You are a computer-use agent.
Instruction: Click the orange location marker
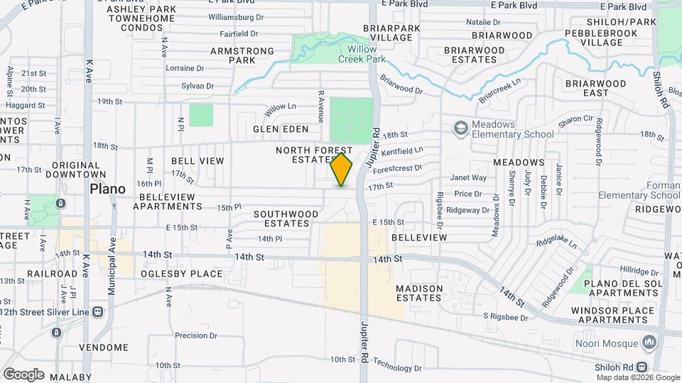pyautogui.click(x=342, y=170)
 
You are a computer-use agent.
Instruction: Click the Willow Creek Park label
pyautogui.click(x=367, y=54)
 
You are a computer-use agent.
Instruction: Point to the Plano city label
pyautogui.click(x=107, y=189)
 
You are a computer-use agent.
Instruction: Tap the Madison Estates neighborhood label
pyautogui.click(x=419, y=293)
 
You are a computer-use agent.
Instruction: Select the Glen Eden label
pyautogui.click(x=281, y=129)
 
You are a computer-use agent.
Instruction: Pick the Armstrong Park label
pyautogui.click(x=242, y=55)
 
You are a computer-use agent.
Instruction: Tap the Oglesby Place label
pyautogui.click(x=182, y=274)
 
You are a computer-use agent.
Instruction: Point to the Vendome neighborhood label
pyautogui.click(x=104, y=348)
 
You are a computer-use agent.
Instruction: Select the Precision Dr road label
pyautogui.click(x=195, y=335)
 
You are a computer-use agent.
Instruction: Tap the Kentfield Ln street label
pyautogui.click(x=402, y=150)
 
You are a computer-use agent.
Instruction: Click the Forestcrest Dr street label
pyautogui.click(x=396, y=169)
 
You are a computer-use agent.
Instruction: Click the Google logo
pyautogui.click(x=23, y=374)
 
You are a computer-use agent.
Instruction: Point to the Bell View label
pyautogui.click(x=197, y=161)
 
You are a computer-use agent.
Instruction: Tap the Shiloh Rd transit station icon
pyautogui.click(x=642, y=367)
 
